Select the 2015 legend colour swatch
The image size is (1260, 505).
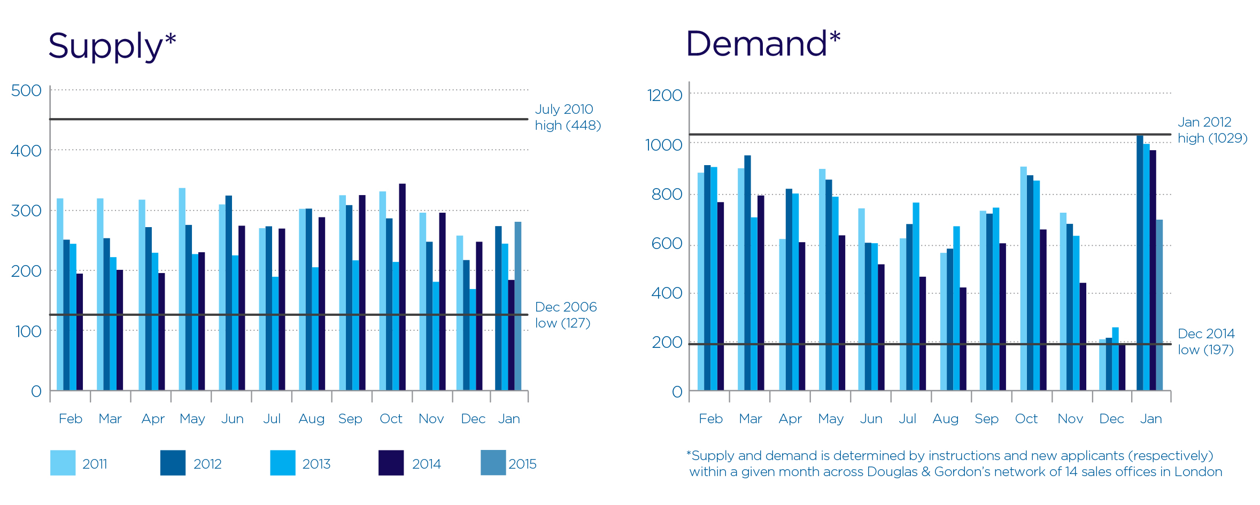click(493, 463)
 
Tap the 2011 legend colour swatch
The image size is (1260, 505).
click(63, 463)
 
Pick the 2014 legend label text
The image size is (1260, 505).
click(426, 464)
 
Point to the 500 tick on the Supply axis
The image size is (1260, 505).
click(26, 90)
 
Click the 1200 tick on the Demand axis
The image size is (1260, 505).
click(664, 95)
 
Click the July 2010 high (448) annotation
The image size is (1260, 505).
click(567, 117)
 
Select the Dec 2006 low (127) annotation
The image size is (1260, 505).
click(566, 315)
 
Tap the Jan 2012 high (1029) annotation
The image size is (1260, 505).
click(1212, 130)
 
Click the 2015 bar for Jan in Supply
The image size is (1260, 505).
click(518, 306)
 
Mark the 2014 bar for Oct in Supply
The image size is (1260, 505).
click(403, 287)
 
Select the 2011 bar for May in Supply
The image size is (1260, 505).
click(182, 289)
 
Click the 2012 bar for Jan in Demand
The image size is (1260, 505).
click(1140, 263)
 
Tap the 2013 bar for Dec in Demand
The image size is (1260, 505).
click(1115, 359)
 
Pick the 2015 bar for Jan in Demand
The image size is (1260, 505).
click(1159, 305)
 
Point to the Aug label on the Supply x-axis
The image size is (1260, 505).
click(312, 419)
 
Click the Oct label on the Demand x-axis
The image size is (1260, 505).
click(1026, 419)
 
